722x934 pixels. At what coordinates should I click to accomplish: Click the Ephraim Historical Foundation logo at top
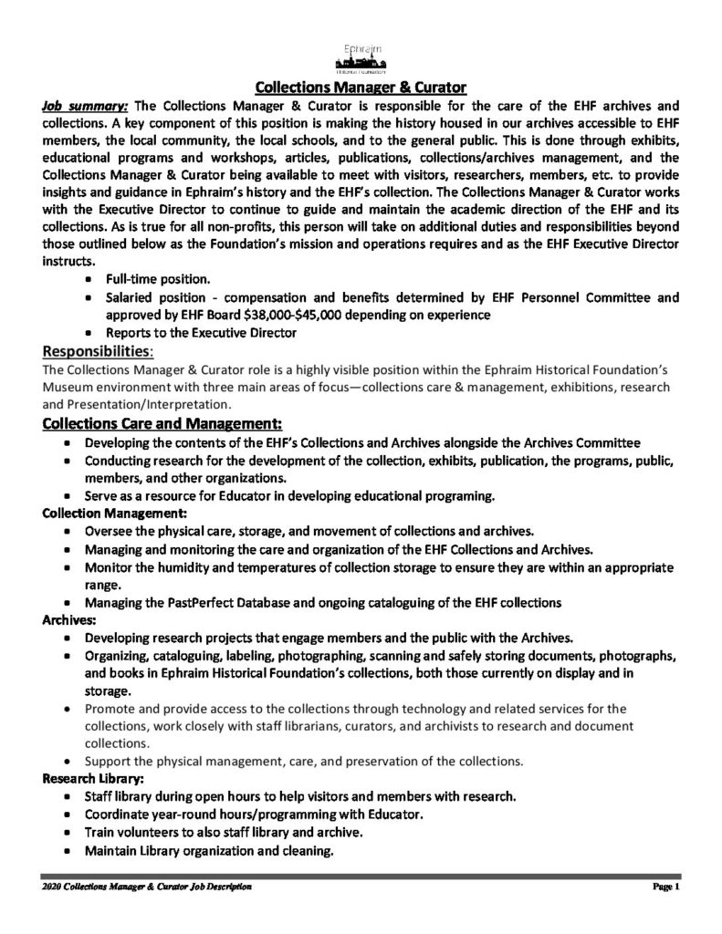[360, 57]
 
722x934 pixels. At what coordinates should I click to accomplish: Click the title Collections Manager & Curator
[361, 88]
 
